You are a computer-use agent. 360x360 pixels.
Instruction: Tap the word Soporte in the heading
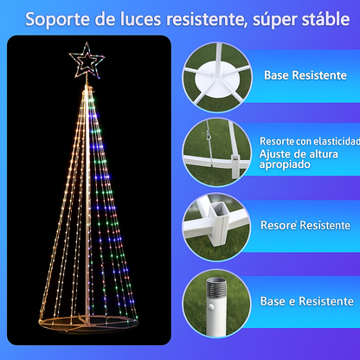click(x=54, y=18)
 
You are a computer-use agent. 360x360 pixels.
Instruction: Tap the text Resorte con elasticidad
click(x=309, y=139)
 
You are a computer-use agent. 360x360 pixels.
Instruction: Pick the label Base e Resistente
click(x=308, y=301)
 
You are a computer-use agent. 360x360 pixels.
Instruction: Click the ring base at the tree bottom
click(x=87, y=327)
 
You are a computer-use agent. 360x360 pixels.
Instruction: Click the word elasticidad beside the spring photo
click(x=333, y=139)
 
